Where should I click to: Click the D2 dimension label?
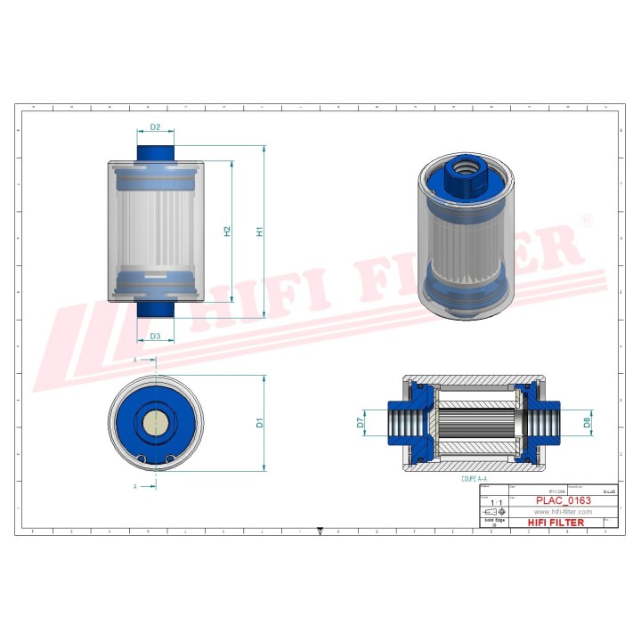pyautogui.click(x=155, y=127)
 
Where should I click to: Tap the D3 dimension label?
pyautogui.click(x=155, y=336)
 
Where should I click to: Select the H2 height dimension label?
pyautogui.click(x=227, y=231)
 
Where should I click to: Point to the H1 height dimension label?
pyautogui.click(x=260, y=231)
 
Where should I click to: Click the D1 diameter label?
pyautogui.click(x=260, y=422)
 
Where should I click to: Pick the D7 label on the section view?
pyautogui.click(x=361, y=422)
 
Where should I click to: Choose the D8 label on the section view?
pyautogui.click(x=588, y=422)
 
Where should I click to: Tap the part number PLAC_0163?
pyautogui.click(x=562, y=501)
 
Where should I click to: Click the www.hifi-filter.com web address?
pyautogui.click(x=562, y=512)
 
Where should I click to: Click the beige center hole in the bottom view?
pyautogui.click(x=155, y=421)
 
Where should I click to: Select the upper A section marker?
pyautogui.click(x=135, y=359)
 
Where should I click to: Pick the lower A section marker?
pyautogui.click(x=135, y=487)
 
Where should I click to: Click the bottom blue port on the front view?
pyautogui.click(x=155, y=308)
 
